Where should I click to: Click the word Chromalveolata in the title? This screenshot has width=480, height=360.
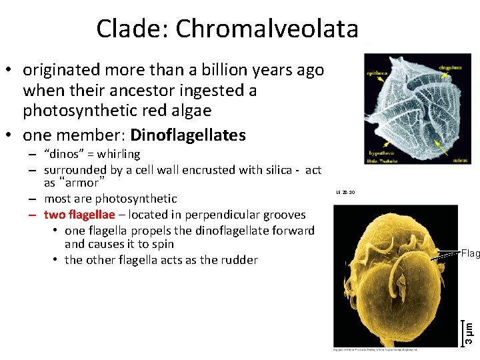tap(267, 29)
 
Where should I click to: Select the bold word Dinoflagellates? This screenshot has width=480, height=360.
tap(188, 135)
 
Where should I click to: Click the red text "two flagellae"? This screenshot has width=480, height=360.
tap(79, 215)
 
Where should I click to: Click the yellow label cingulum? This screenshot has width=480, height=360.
tap(453, 67)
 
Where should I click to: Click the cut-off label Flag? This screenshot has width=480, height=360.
tap(470, 253)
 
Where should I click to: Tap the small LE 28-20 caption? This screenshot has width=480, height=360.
tap(345, 193)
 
